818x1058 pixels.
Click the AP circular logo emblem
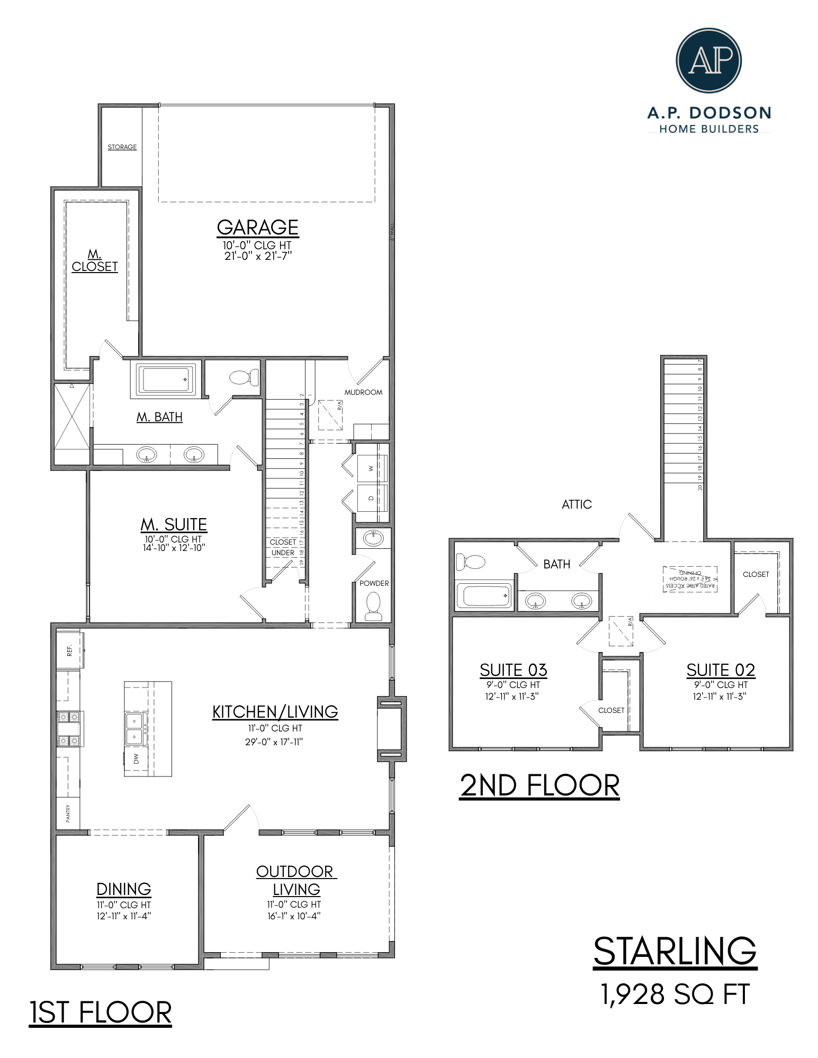click(708, 60)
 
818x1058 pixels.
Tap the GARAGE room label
click(257, 228)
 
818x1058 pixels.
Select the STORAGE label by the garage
click(122, 147)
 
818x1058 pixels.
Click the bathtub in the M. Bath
click(165, 379)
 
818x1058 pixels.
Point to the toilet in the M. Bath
click(244, 377)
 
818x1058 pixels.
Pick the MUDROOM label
click(363, 392)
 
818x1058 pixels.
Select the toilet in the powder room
click(373, 605)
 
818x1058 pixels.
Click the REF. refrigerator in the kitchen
click(69, 650)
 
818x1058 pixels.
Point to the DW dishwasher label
click(136, 758)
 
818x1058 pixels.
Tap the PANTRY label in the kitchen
click(68, 813)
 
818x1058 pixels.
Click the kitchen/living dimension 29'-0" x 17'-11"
click(274, 742)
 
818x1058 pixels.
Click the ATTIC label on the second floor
click(577, 504)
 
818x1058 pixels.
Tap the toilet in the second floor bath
click(470, 562)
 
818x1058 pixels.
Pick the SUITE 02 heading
click(721, 670)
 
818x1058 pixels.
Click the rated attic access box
click(690, 579)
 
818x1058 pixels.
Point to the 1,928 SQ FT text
click(675, 994)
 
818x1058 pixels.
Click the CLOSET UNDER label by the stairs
click(283, 547)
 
